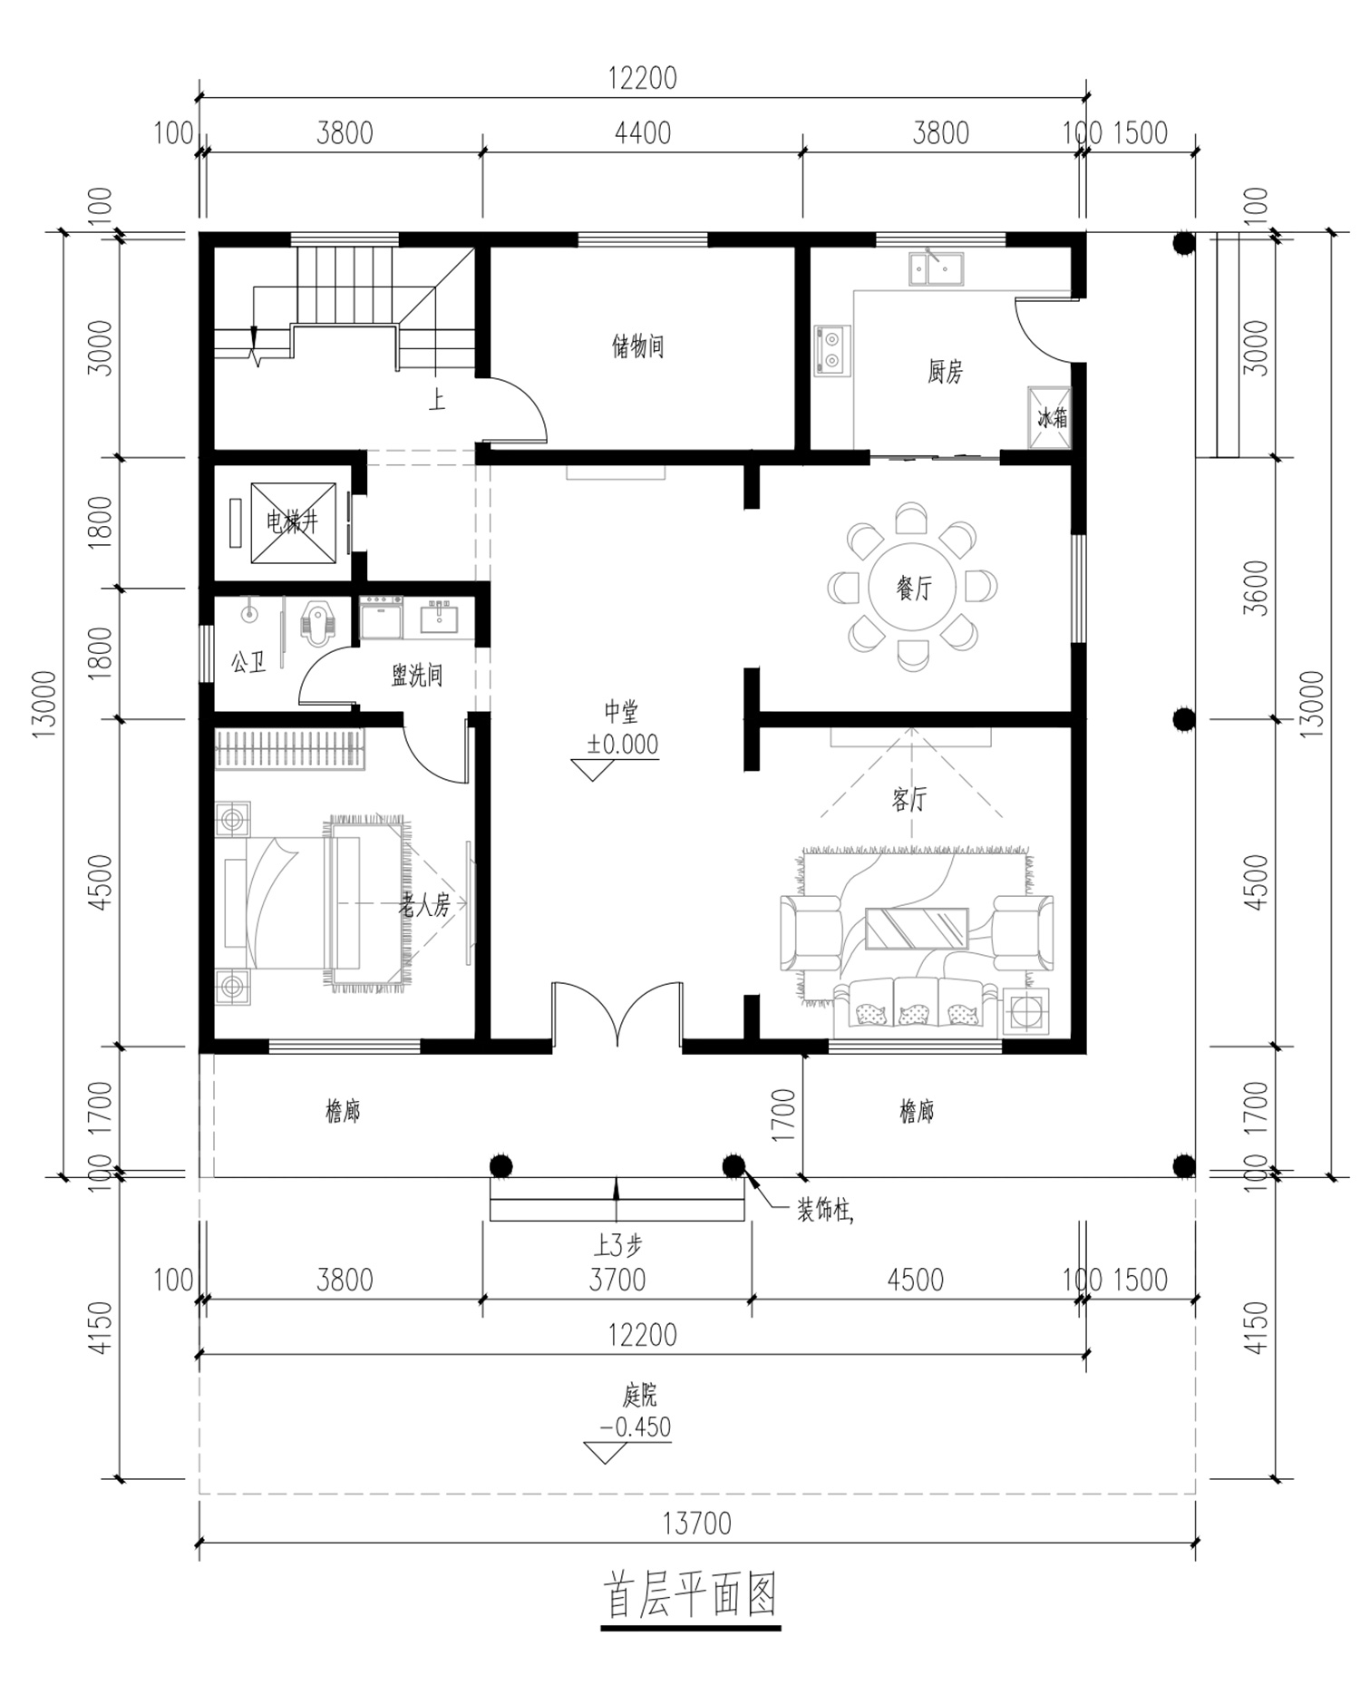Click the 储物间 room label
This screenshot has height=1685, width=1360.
click(637, 346)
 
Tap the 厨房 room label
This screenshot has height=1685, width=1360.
click(945, 372)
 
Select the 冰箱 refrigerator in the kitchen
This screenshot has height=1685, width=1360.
click(1049, 418)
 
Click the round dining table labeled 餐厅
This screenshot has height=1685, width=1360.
click(912, 588)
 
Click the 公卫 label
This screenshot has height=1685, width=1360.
click(248, 662)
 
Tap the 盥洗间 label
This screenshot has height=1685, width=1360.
click(417, 676)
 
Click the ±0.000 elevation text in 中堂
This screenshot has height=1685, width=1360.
click(622, 745)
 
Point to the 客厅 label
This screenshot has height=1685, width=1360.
click(908, 800)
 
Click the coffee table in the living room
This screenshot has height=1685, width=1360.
click(916, 928)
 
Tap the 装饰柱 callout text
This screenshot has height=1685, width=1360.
click(824, 1211)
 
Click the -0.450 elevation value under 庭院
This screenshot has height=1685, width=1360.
click(635, 1427)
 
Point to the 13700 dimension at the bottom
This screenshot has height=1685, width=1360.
click(696, 1523)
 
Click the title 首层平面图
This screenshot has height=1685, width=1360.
click(690, 1596)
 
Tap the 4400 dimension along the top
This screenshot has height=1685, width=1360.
click(643, 133)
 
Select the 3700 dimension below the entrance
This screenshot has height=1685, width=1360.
click(617, 1281)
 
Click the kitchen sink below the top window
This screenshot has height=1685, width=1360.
click(937, 269)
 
